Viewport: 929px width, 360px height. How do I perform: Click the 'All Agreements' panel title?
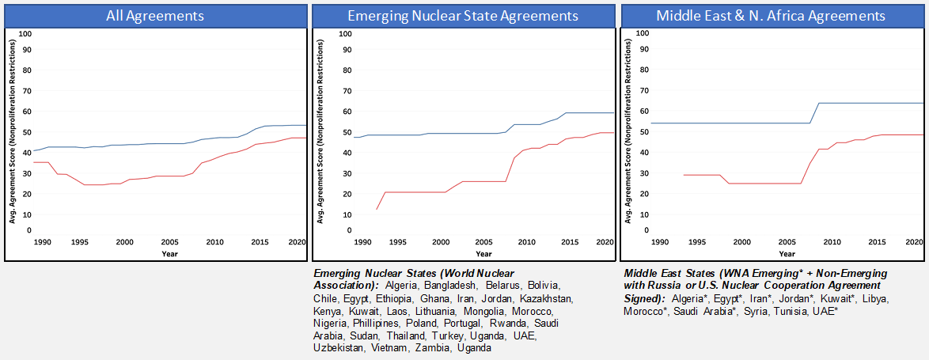(154, 15)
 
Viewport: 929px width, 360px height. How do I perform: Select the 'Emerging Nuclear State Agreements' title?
(464, 15)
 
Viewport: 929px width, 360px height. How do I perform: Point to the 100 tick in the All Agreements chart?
(25, 33)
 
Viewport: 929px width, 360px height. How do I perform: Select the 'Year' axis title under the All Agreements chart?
(169, 254)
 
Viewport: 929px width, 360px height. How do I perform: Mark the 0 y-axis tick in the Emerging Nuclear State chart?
(338, 230)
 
